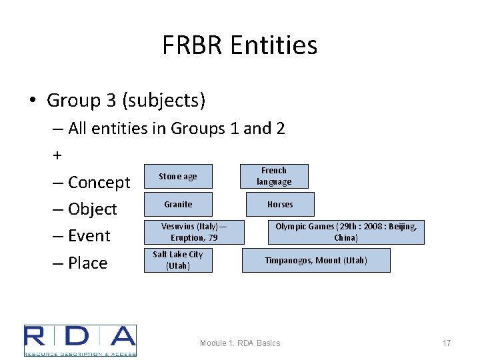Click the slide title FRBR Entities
[x=239, y=45]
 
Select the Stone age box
[x=178, y=177]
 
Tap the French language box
[x=274, y=176]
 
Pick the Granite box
[x=178, y=205]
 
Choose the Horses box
[x=280, y=205]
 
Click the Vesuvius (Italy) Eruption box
[x=193, y=232]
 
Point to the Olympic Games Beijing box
[x=346, y=232]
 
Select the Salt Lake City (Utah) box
[x=178, y=260]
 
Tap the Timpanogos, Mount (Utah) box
[x=316, y=260]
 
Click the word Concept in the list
[x=99, y=183]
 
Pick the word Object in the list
[x=92, y=209]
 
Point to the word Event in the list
[x=89, y=236]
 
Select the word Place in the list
[x=87, y=263]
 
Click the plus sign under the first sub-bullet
[x=57, y=155]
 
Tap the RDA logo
[x=80, y=340]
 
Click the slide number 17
[x=447, y=343]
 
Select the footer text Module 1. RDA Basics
[x=240, y=343]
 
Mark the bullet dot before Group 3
[x=33, y=101]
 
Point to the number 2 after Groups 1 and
[x=279, y=128]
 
